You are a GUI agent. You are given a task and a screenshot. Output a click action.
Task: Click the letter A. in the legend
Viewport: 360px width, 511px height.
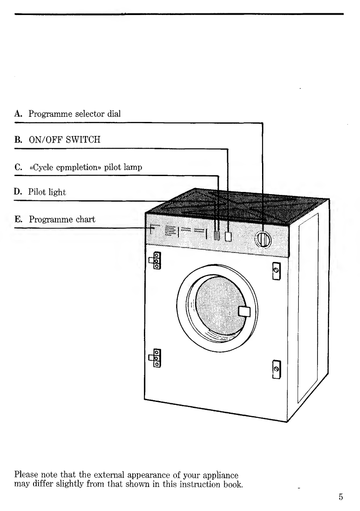pos(18,114)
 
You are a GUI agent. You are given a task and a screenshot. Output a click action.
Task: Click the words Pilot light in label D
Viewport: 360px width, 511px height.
pos(47,192)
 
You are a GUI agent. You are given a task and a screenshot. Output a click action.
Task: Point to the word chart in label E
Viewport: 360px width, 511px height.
pos(85,219)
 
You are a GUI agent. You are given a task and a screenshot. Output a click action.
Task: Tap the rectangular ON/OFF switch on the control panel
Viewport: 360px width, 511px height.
pos(228,236)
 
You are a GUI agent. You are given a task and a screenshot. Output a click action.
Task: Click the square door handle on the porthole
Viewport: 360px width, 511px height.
pos(244,311)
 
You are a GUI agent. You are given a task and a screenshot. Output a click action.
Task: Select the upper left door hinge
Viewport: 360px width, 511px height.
pos(155,261)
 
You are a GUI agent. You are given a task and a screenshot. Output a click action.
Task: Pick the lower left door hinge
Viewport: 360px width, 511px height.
pos(155,358)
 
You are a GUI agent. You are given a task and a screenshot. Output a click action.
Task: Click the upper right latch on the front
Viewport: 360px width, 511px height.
pos(276,271)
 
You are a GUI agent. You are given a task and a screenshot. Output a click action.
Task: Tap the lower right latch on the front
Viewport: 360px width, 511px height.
pos(276,369)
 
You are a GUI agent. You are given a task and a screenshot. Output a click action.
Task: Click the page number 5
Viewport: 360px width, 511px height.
pos(341,497)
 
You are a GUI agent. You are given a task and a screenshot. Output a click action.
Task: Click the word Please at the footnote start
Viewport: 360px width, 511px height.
pos(26,474)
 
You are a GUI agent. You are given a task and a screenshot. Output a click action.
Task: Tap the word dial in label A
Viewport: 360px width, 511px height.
pos(114,114)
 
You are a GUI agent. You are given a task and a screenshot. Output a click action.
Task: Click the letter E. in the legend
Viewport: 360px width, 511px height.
pos(18,219)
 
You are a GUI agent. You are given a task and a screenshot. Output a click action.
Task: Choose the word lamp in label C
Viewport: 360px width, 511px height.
pos(134,167)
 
